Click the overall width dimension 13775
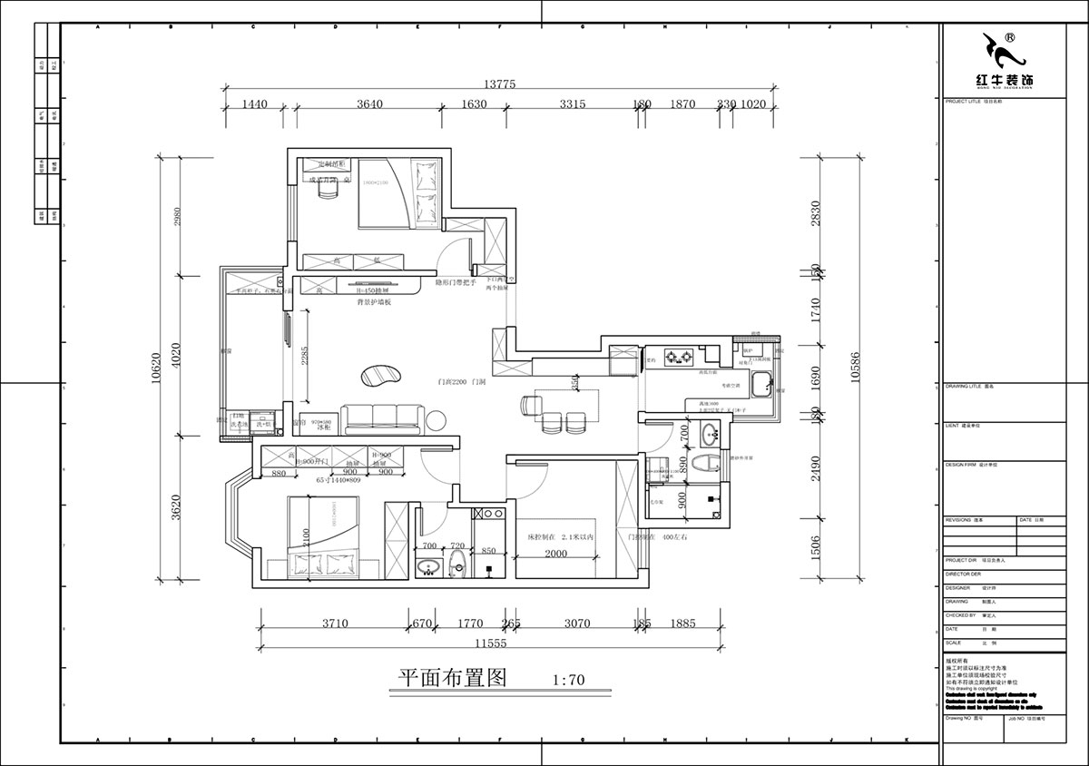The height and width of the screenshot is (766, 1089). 499,83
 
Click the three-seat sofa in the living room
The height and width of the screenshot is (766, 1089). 382,416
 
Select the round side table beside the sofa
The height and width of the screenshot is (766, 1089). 437,419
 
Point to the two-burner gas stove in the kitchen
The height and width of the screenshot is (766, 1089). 679,357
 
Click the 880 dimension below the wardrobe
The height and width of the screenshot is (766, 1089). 279,473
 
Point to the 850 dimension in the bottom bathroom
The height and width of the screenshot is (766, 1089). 488,550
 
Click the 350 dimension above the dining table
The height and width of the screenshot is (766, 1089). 574,384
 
